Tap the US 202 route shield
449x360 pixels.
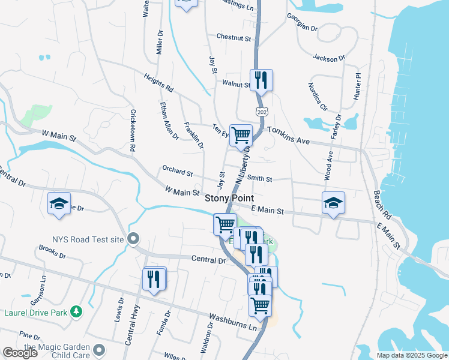[x=261, y=112]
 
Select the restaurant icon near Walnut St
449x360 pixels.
[x=261, y=79]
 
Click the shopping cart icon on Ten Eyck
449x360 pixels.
[x=241, y=134]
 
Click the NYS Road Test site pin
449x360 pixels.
[x=133, y=238]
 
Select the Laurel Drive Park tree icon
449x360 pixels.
[x=76, y=311]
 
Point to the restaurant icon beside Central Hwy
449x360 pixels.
[x=154, y=278]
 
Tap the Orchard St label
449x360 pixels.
[x=176, y=172]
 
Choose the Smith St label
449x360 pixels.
[x=260, y=179]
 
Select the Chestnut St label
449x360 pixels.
[x=233, y=37]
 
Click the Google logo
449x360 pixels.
[x=20, y=353]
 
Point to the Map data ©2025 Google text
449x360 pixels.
[x=412, y=355]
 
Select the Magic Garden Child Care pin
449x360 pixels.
[x=99, y=349]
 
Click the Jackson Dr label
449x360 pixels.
[x=328, y=58]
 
